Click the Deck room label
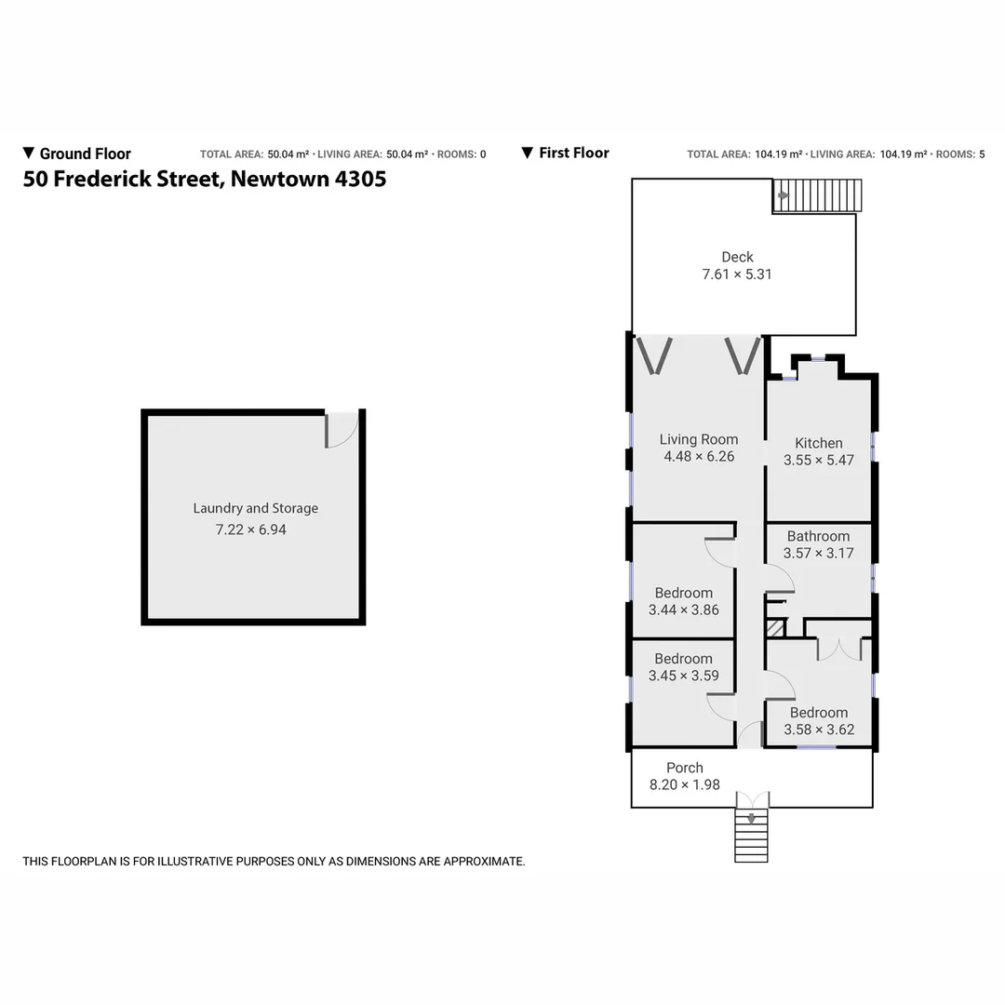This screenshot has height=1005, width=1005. (x=737, y=257)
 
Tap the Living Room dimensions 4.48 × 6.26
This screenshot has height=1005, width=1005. (x=700, y=456)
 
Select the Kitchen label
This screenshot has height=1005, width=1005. (x=819, y=443)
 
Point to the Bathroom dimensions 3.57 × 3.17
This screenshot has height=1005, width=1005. (x=819, y=553)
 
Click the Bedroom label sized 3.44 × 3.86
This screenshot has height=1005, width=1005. (x=683, y=593)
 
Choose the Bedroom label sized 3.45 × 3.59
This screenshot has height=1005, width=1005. (x=683, y=659)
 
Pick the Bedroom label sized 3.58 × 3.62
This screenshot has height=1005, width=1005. (x=819, y=713)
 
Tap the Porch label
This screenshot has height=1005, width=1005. (x=685, y=768)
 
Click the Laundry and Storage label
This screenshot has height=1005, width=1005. (x=255, y=508)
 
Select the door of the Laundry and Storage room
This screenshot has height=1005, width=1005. (x=342, y=430)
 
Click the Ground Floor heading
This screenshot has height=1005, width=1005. (x=85, y=154)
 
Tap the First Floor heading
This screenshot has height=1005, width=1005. (x=573, y=153)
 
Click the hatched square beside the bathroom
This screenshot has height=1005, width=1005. (x=773, y=628)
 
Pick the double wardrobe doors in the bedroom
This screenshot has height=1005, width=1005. (x=839, y=649)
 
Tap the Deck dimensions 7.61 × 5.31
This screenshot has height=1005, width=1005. (x=737, y=275)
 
